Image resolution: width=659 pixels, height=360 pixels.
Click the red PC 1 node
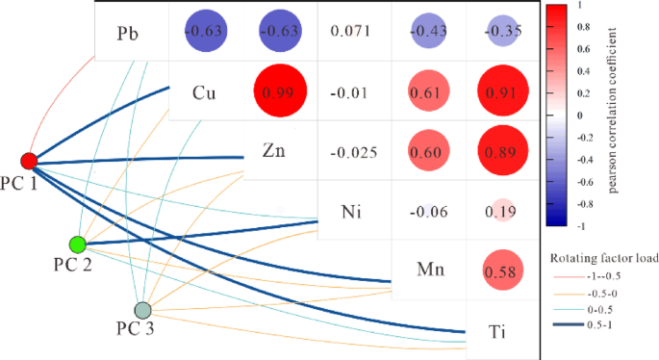coord(29,160)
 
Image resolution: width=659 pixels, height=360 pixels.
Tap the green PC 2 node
coord(78,244)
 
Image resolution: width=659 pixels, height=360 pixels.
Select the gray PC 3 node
coord(142,310)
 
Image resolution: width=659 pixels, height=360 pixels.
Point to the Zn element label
coord(274,150)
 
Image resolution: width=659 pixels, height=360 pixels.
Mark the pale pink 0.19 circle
coord(497,211)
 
